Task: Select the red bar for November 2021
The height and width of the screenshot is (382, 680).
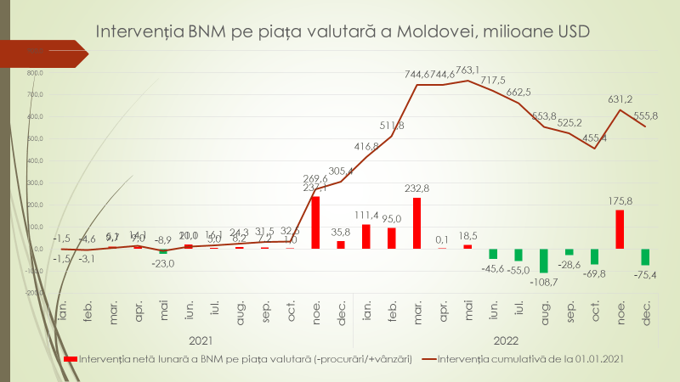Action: click(x=315, y=222)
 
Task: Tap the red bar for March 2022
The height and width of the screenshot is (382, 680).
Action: click(x=416, y=223)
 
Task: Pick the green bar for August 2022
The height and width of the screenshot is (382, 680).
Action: click(x=544, y=261)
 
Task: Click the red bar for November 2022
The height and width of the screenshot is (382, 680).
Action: click(x=620, y=229)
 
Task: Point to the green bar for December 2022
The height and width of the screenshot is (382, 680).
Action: click(x=645, y=257)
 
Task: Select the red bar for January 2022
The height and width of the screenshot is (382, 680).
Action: click(x=366, y=236)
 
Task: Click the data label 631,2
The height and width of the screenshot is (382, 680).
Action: click(x=621, y=98)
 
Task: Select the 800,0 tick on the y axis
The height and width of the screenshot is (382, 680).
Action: click(x=34, y=73)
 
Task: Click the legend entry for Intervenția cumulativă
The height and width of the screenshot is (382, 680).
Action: click(x=532, y=359)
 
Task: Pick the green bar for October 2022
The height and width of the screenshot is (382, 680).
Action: click(x=594, y=256)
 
